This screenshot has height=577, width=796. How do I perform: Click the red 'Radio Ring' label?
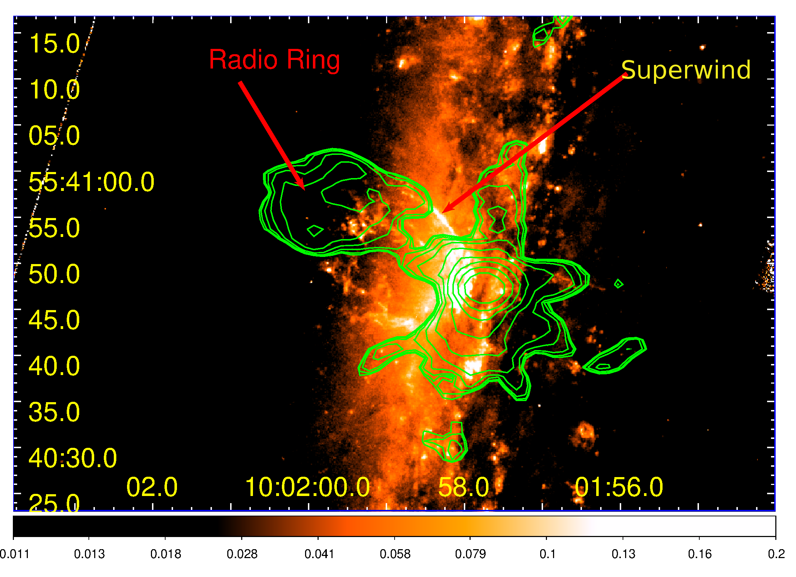[274, 60]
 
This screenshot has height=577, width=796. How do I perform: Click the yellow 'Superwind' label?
[686, 70]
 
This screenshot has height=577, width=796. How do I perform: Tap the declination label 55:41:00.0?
[91, 182]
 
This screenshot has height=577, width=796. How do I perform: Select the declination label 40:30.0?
[73, 458]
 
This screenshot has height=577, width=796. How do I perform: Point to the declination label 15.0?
[54, 44]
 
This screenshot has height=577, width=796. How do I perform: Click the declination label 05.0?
[54, 136]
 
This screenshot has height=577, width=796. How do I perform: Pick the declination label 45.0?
[54, 320]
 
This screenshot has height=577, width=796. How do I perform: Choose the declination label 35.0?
[54, 412]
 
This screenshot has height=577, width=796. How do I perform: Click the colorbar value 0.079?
[470, 554]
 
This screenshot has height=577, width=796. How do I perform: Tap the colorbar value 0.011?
[15, 554]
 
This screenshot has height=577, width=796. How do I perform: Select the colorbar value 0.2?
[776, 554]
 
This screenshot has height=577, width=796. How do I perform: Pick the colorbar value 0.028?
[242, 554]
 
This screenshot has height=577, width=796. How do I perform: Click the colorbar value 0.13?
[623, 554]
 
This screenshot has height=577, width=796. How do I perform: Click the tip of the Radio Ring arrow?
[304, 190]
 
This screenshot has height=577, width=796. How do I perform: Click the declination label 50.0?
[54, 274]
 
